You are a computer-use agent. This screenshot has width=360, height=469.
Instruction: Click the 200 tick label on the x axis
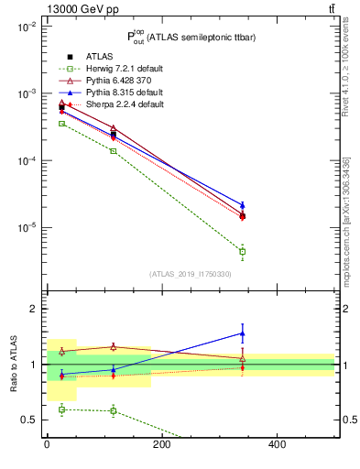(162, 444)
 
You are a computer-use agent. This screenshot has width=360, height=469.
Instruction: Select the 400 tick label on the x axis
(278, 444)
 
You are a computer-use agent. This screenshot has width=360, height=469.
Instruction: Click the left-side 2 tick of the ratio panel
(33, 309)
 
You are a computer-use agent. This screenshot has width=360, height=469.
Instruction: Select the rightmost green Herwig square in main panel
(242, 251)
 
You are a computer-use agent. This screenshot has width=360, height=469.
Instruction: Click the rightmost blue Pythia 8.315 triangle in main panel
(242, 205)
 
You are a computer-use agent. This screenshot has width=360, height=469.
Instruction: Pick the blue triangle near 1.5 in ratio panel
(242, 333)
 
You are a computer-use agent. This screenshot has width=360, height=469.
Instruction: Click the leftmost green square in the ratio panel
(61, 409)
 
